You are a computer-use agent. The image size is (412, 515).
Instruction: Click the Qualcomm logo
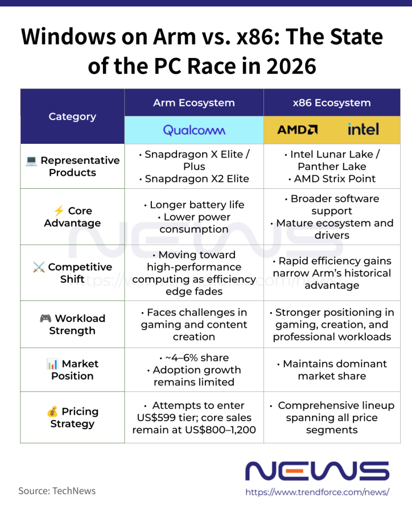click(194, 130)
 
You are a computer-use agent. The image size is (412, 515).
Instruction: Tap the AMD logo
click(297, 130)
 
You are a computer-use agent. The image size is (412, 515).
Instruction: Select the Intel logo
click(363, 129)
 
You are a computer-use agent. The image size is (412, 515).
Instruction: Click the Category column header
click(72, 116)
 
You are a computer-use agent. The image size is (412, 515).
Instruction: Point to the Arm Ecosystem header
click(194, 103)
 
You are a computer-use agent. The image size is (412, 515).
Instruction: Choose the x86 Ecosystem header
click(332, 103)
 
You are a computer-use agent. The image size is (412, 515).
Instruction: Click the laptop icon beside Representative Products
click(31, 160)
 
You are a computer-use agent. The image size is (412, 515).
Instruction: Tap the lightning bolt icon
click(59, 210)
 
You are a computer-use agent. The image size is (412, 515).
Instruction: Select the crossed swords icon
click(39, 267)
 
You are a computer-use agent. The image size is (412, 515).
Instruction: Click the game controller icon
click(46, 318)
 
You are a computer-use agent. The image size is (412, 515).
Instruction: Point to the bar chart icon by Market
click(52, 364)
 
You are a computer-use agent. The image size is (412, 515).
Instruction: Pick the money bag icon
click(52, 411)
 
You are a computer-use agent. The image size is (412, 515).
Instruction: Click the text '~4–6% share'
click(197, 358)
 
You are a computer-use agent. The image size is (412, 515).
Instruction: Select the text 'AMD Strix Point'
click(334, 179)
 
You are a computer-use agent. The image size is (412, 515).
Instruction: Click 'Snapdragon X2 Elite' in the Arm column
click(197, 179)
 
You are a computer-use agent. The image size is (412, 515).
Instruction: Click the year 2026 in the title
click(291, 66)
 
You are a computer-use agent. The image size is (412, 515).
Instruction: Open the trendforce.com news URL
click(318, 492)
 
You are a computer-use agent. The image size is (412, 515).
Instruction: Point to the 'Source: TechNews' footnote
click(57, 491)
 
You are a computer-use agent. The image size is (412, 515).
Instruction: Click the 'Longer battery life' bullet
click(197, 204)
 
